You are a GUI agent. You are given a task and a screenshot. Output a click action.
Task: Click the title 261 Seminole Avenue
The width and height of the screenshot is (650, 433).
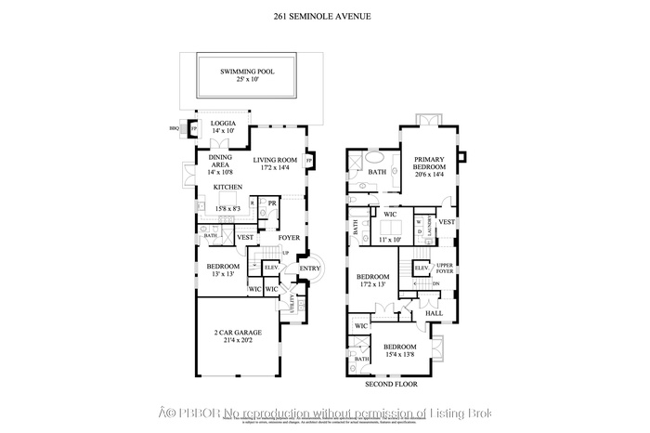pos(324,17)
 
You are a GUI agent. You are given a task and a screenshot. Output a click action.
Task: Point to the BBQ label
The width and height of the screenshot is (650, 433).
pos(174,129)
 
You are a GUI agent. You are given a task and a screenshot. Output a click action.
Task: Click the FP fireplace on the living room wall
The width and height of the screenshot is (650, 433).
pos(308,160)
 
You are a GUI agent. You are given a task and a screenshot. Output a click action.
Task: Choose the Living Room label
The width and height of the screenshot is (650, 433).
pos(275,162)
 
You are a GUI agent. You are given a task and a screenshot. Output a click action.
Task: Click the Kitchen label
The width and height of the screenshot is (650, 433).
pos(227,188)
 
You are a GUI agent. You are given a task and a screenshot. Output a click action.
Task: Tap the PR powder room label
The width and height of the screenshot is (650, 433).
pos(272,203)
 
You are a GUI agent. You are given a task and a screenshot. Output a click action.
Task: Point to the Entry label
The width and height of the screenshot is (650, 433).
pos(309,269)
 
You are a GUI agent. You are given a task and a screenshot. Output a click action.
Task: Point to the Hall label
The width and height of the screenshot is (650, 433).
pos(434,313)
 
